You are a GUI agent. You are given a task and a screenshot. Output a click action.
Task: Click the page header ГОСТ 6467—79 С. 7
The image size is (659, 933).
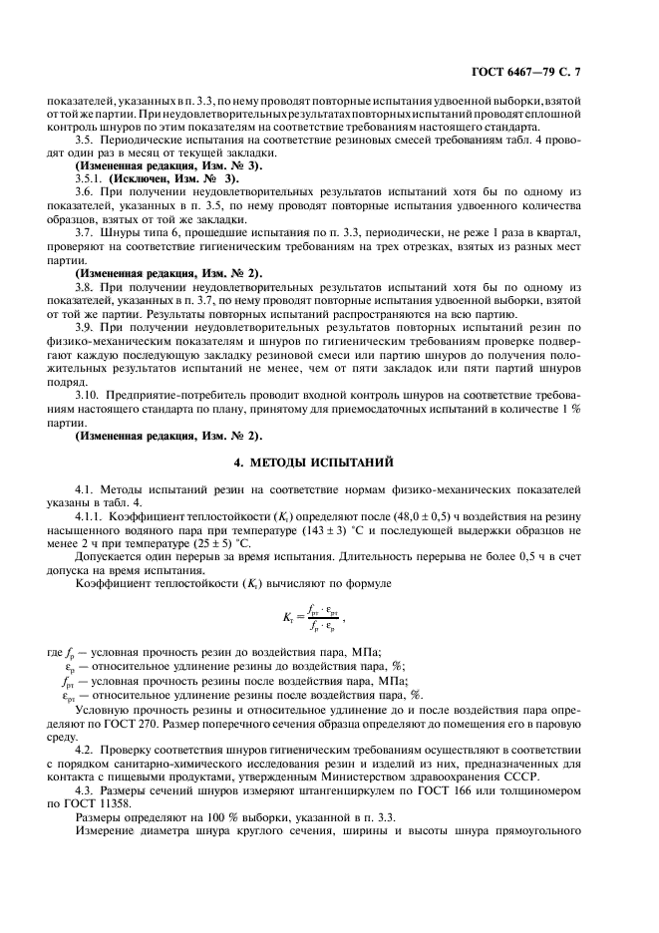(x=565, y=72)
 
